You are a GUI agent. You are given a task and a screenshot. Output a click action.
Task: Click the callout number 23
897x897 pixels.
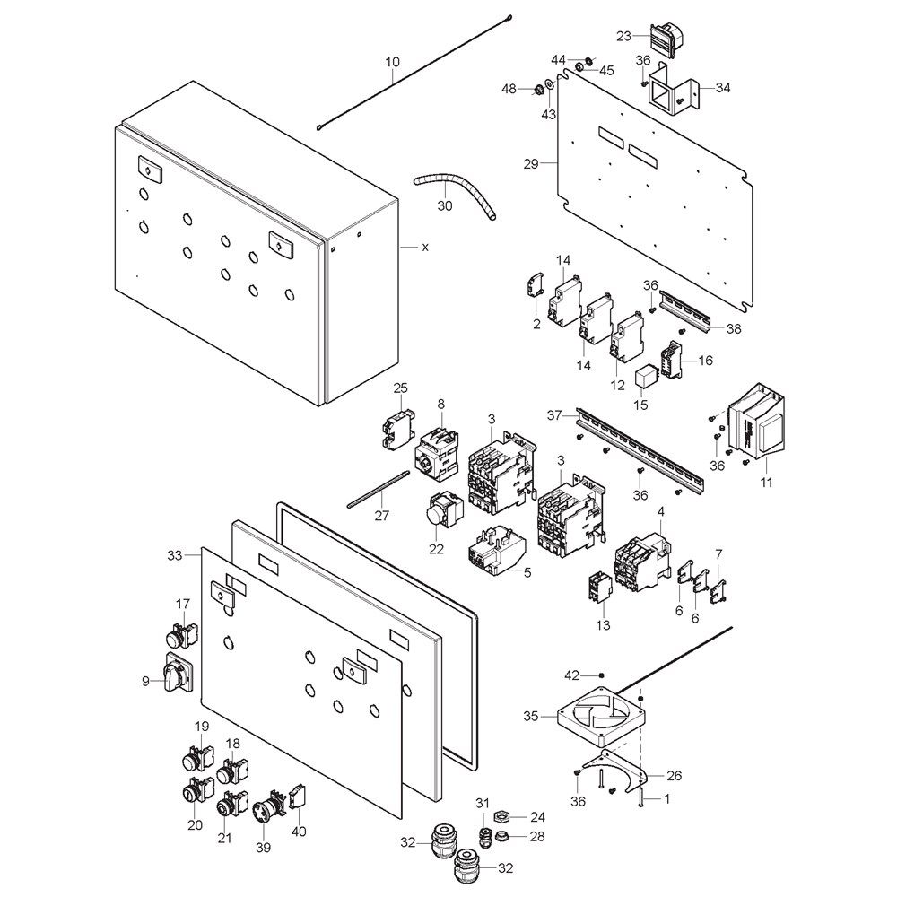point(623,37)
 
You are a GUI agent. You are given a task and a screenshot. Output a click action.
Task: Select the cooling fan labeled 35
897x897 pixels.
point(602,715)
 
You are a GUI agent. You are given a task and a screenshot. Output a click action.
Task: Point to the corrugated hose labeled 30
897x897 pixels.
point(455,196)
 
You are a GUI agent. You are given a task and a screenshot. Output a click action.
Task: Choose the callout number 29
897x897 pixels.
point(531,164)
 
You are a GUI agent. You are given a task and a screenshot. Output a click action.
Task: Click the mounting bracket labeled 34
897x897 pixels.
point(674,91)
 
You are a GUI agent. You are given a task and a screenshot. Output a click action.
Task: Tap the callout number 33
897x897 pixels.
point(175,555)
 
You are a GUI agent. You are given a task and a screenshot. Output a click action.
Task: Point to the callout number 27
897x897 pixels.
point(381,516)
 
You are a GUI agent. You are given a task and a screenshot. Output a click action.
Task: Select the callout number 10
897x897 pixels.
point(393,62)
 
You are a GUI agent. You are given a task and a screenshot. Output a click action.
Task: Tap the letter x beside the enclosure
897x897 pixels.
point(425,248)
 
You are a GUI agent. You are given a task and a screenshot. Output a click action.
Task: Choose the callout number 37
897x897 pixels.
point(553,415)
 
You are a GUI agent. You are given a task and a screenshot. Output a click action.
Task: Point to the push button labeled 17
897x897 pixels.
point(181,632)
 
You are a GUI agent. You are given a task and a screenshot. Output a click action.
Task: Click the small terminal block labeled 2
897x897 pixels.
point(535,287)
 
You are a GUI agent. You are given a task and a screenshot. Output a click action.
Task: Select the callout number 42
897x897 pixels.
point(572,675)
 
